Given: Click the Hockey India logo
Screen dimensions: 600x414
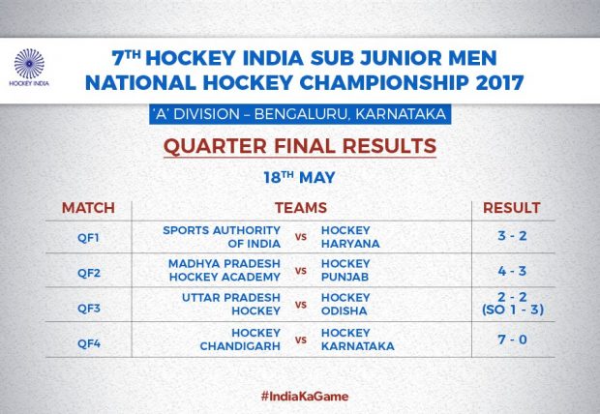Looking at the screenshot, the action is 29,67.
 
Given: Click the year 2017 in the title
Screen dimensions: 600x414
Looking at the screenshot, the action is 499,83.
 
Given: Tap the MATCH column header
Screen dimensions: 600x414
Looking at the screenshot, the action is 88,208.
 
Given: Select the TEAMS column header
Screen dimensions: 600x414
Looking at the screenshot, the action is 301,208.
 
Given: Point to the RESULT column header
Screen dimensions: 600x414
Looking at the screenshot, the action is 512,208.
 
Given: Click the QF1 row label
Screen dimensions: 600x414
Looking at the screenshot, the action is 88,238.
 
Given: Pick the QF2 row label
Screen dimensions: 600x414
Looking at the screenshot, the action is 89,273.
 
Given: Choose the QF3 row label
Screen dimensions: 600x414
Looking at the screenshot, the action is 89,308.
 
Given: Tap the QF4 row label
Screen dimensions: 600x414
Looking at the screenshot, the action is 89,343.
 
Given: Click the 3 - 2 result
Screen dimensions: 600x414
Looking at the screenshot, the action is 512,236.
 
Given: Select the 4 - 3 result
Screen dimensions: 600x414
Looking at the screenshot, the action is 512,271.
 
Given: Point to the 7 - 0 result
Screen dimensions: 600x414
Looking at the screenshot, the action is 512,340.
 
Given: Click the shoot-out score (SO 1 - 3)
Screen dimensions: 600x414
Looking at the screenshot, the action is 513,310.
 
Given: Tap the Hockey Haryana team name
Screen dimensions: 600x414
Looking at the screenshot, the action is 350,237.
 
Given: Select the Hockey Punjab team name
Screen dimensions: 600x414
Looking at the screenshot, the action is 345,270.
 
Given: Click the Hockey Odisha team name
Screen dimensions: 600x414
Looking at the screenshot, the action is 345,304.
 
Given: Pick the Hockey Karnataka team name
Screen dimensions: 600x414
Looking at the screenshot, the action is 357,340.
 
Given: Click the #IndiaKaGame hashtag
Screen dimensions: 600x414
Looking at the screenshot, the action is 305,396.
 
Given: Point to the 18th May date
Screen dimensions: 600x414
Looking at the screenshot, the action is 299,177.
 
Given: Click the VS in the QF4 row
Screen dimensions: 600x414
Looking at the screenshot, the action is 301,340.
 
